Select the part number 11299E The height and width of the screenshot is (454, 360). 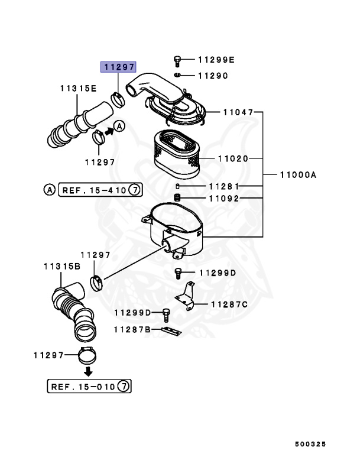tap(216, 60)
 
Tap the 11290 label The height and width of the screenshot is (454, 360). tap(212, 76)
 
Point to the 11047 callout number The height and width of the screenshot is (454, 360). tap(238, 112)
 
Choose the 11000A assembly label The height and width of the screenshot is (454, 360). tap(298, 175)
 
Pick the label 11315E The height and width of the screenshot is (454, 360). tap(77, 88)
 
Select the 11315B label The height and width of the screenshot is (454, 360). tap(61, 267)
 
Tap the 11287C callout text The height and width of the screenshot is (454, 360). tap(226, 304)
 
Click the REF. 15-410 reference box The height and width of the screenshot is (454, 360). tap(100, 190)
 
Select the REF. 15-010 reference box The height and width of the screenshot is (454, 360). tap(89, 387)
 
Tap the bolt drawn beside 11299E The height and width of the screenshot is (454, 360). tap(177, 60)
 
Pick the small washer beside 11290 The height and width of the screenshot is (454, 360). tap(178, 76)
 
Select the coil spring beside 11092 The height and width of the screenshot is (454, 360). tap(176, 197)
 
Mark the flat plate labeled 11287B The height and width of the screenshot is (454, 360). tap(171, 330)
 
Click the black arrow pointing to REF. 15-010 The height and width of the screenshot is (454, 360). tap(87, 371)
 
